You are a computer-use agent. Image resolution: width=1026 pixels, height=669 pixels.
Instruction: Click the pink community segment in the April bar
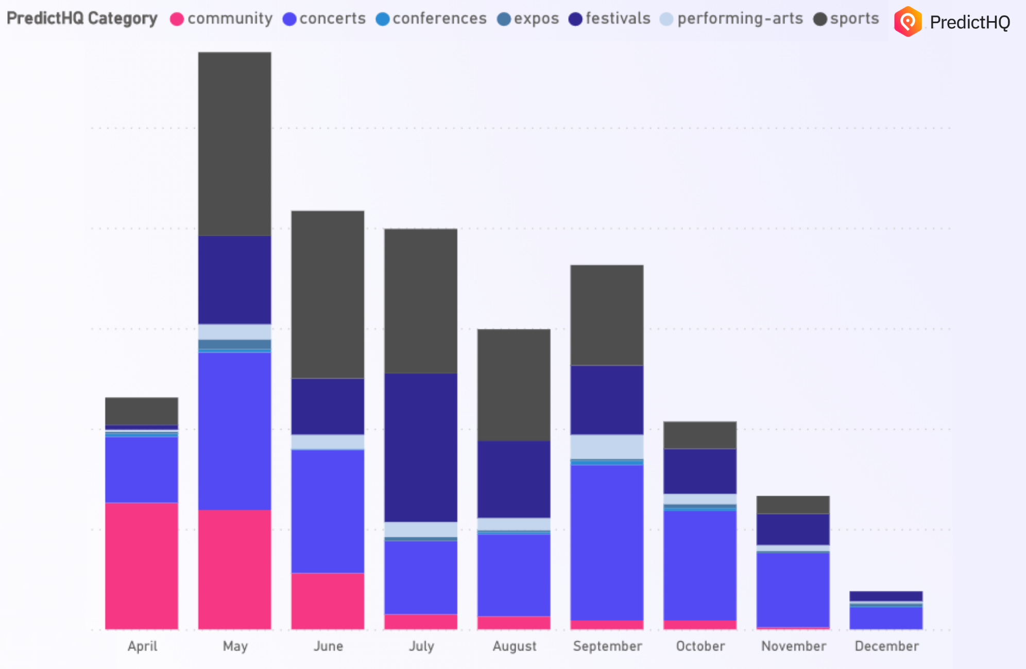point(142,566)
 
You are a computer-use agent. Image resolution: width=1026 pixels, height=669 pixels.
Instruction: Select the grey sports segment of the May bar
point(235,144)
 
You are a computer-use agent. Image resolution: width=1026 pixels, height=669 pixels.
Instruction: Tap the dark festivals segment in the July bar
point(421,447)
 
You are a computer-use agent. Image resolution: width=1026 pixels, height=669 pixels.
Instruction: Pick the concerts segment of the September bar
point(607,542)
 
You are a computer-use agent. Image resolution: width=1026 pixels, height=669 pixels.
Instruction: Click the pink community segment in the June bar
point(328,601)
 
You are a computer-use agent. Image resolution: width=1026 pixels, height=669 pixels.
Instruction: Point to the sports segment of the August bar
point(514,384)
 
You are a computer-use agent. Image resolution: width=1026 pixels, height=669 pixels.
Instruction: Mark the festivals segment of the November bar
point(793,529)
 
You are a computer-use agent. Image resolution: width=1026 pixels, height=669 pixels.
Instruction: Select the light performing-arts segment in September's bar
point(607,446)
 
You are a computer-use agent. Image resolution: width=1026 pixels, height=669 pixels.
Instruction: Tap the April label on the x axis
point(142,646)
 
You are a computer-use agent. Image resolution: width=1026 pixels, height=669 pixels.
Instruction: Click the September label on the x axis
point(607,646)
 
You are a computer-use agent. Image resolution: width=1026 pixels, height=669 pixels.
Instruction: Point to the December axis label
point(886,646)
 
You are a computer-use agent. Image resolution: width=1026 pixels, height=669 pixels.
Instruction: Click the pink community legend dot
point(177,20)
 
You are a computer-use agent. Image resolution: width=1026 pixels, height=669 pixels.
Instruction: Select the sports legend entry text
point(854,19)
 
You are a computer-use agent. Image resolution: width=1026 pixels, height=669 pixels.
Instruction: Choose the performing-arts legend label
point(740,19)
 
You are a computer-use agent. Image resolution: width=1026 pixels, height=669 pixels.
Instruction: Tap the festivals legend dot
point(575,20)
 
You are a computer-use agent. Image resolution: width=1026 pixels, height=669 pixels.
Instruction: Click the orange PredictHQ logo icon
point(908,22)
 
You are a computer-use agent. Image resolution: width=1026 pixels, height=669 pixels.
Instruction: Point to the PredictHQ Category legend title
point(82,19)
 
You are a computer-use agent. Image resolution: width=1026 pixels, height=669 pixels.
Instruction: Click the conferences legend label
point(439,19)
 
